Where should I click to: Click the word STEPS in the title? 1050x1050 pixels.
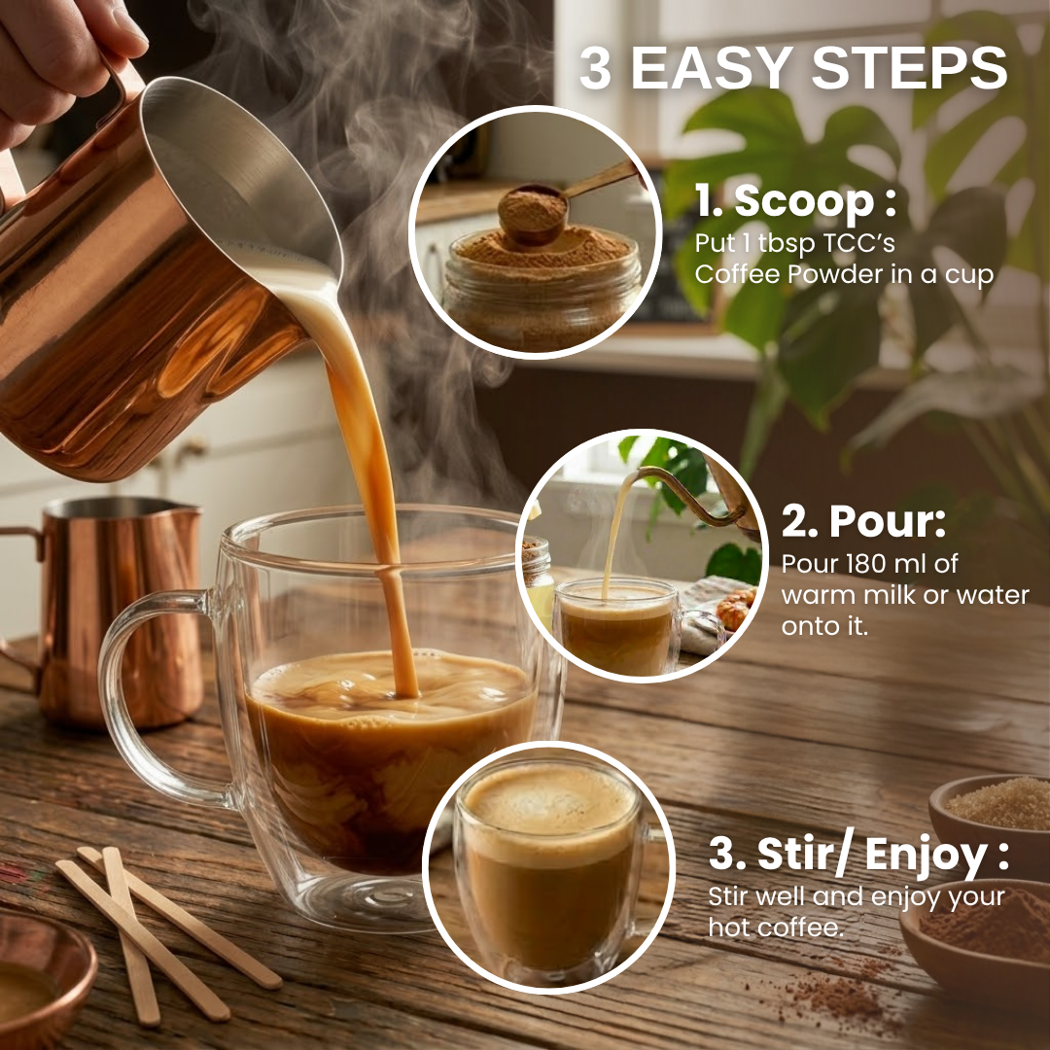pyautogui.click(x=909, y=68)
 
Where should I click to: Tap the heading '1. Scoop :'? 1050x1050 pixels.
pyautogui.click(x=795, y=200)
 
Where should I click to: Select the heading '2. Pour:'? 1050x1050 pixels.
pyautogui.click(x=863, y=521)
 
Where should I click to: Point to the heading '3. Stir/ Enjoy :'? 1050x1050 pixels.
pyautogui.click(x=858, y=855)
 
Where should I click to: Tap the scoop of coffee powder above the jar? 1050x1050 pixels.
pyautogui.click(x=533, y=213)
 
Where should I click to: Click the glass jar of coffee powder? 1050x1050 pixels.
pyautogui.click(x=542, y=288)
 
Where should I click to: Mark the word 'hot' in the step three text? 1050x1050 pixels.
pyautogui.click(x=731, y=927)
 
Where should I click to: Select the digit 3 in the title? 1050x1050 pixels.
pyautogui.click(x=595, y=68)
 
